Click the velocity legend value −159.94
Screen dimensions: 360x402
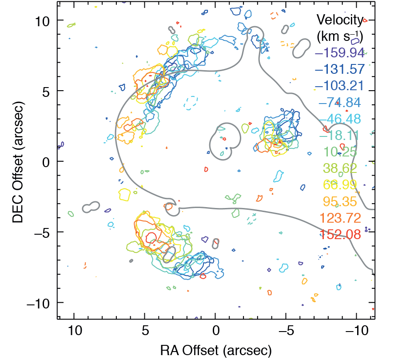coord(339,53)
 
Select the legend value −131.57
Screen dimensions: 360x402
coord(339,69)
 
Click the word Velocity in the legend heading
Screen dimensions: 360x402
coord(339,20)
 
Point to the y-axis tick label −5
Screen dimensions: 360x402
coord(43,232)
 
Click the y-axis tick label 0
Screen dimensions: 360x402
coord(48,162)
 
